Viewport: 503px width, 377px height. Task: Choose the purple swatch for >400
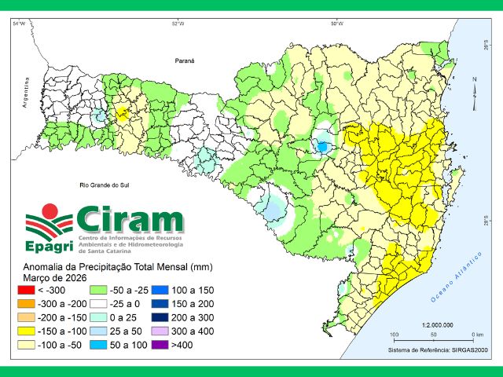(160, 344)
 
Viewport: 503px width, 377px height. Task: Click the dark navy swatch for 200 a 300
(160, 317)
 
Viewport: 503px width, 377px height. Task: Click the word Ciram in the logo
(130, 218)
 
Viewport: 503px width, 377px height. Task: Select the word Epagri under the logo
(49, 247)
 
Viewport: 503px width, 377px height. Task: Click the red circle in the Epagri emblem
(49, 210)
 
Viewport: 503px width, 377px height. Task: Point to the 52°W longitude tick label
(178, 24)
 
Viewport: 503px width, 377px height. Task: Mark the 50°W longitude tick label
(336, 24)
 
